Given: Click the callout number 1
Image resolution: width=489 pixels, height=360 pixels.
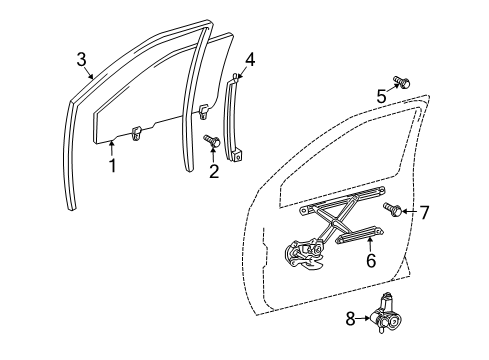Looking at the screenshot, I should click(x=113, y=165).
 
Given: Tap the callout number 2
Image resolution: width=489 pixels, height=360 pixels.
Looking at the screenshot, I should click(x=213, y=173).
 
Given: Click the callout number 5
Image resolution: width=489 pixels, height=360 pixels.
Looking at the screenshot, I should click(x=381, y=97).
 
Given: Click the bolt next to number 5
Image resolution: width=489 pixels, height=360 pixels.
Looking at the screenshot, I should click(x=402, y=81).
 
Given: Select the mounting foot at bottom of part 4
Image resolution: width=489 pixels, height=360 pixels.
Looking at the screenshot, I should click(x=240, y=154).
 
